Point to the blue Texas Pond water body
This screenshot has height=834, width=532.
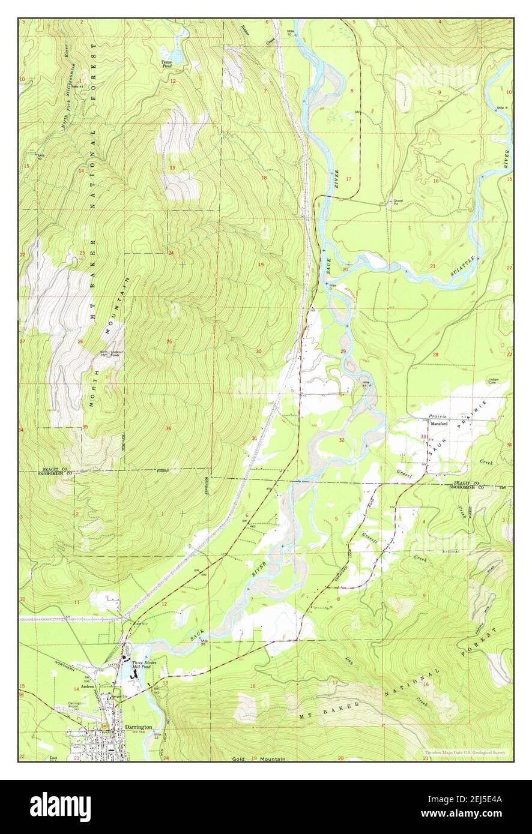(178, 43)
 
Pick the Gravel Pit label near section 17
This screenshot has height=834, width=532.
(396, 201)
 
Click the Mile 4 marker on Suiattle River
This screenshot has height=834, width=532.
(502, 107)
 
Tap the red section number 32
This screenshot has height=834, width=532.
(342, 440)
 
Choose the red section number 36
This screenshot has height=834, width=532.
(168, 428)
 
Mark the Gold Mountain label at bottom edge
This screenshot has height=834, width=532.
(259, 759)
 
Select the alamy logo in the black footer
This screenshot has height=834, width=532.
(60, 806)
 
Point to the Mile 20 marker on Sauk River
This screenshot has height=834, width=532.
(204, 642)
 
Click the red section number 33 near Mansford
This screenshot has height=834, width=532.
(423, 436)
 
